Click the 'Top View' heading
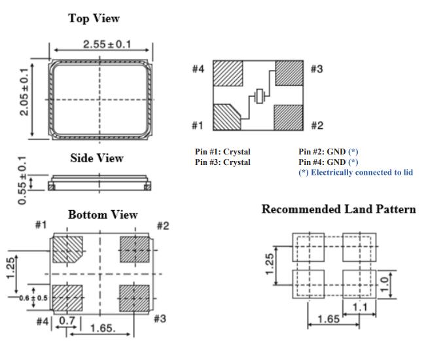click(x=94, y=18)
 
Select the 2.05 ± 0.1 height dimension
click(x=24, y=92)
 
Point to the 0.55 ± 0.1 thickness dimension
click(x=24, y=180)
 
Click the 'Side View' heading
click(x=97, y=158)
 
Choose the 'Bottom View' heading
click(x=103, y=215)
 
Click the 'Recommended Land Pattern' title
click(x=338, y=209)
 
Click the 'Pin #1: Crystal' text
click(x=222, y=152)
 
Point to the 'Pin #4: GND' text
click(x=323, y=162)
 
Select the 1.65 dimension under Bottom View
click(x=103, y=327)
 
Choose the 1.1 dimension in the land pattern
click(x=359, y=306)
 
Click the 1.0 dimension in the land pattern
click(x=385, y=283)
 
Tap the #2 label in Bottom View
click(x=163, y=226)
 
